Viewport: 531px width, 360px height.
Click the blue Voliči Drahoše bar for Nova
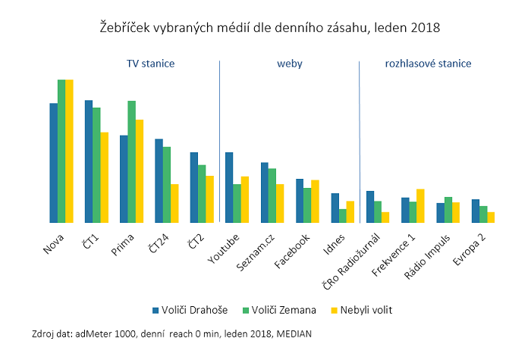[x=54, y=163]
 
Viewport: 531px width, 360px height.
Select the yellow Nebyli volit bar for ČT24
[x=174, y=204]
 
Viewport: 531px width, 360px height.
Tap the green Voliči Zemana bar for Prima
[x=131, y=162]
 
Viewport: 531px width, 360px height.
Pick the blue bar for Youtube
[x=229, y=188]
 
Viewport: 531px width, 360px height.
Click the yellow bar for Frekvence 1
[x=420, y=206]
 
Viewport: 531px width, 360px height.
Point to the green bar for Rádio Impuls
[x=448, y=210]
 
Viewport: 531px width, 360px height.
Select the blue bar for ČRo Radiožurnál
[x=369, y=207]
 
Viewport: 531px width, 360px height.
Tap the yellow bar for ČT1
[x=104, y=178]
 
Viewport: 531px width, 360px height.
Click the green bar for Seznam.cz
[x=272, y=196]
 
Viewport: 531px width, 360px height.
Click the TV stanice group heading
[x=150, y=64]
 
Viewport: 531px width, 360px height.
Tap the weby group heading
[x=290, y=64]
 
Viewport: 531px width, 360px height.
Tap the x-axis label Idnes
[x=335, y=243]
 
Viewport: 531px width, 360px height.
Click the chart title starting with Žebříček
[x=270, y=27]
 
